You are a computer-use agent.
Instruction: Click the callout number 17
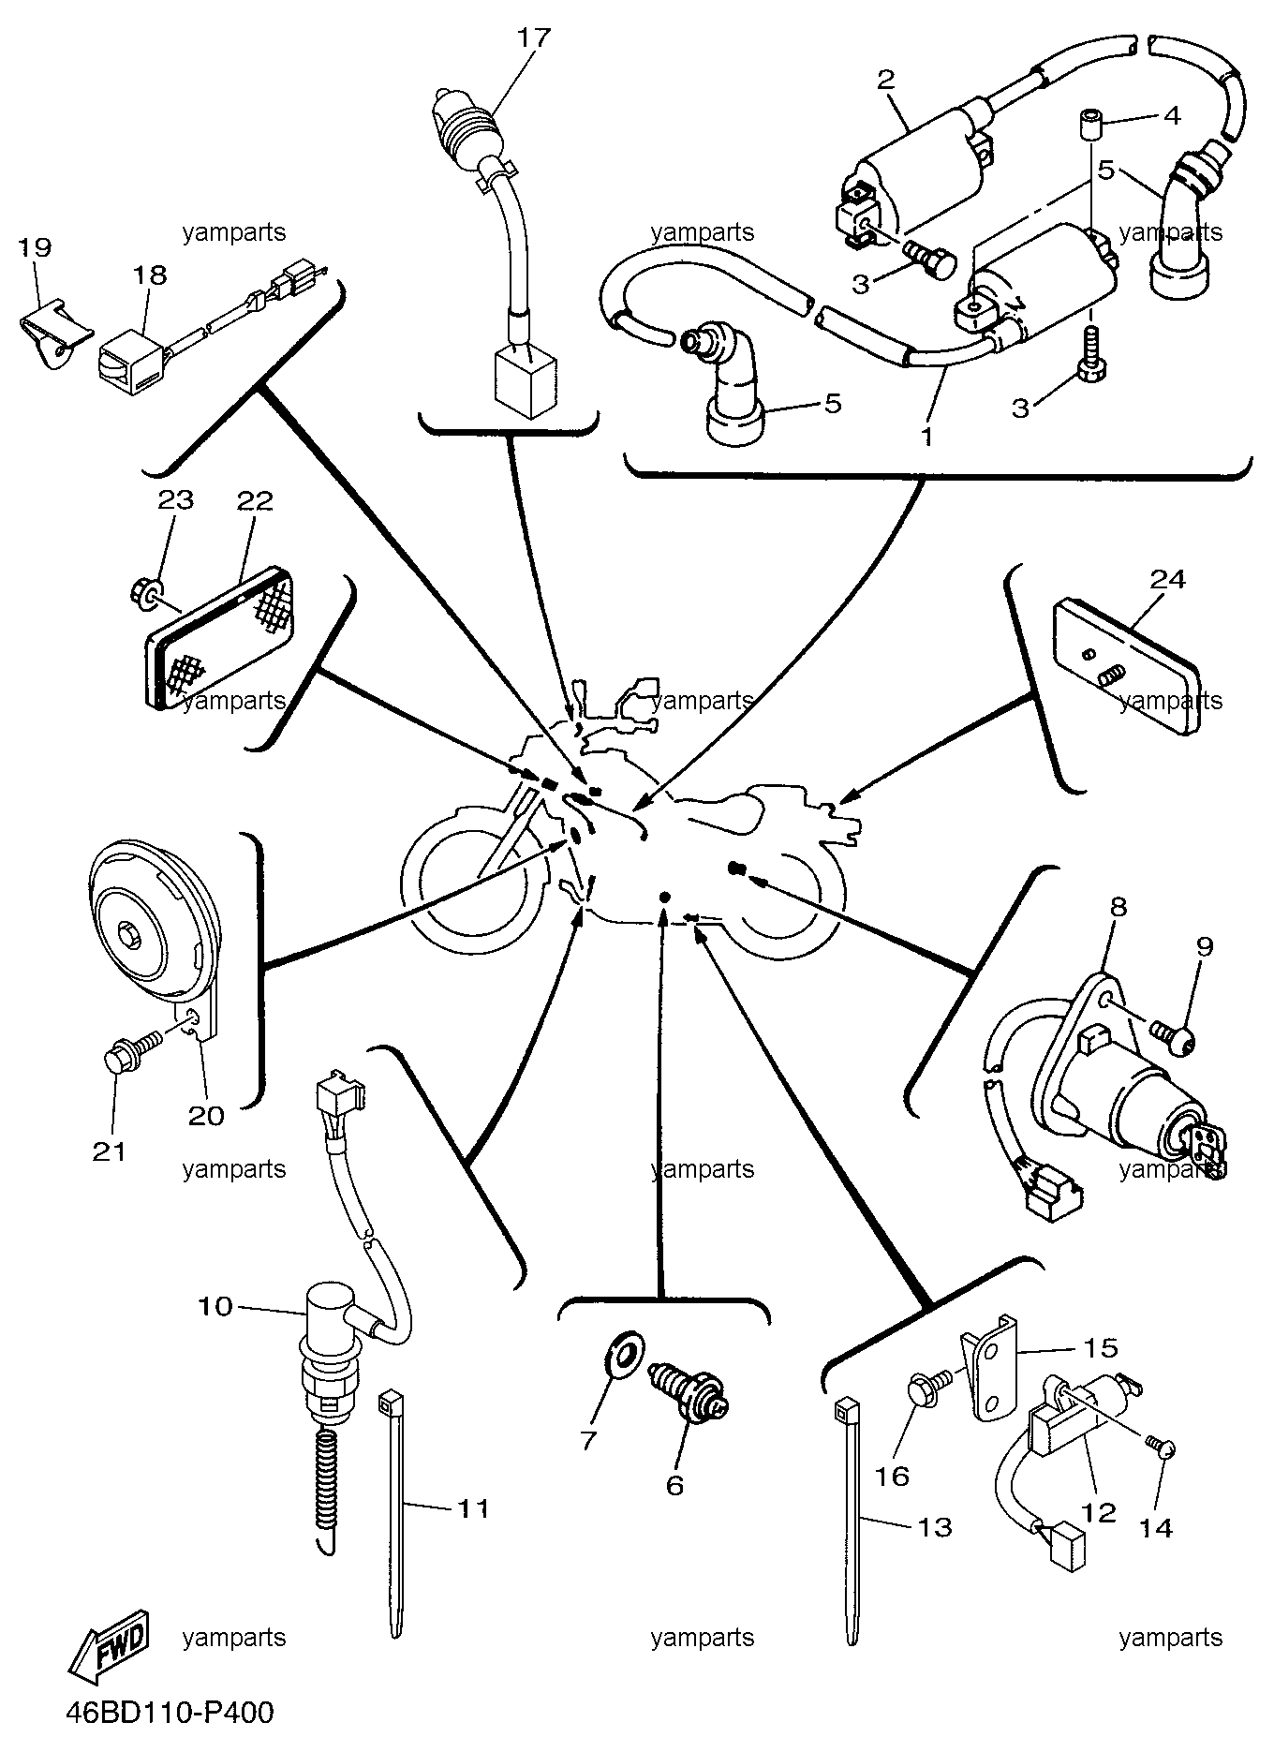[537, 38]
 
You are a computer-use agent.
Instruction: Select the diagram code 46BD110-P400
[170, 1713]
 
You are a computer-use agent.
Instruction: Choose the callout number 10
[215, 1306]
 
